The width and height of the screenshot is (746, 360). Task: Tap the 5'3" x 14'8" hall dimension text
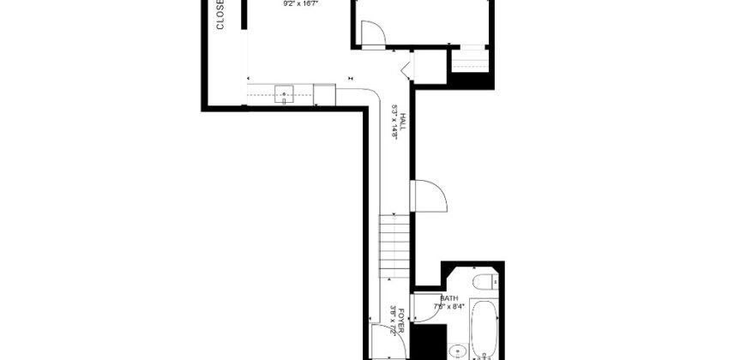[x=394, y=125]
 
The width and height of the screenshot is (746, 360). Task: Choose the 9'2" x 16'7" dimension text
[x=300, y=3]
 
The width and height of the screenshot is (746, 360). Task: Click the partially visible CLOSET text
[x=220, y=15]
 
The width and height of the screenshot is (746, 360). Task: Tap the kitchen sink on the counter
[x=284, y=95]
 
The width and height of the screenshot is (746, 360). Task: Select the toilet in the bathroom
[x=484, y=282]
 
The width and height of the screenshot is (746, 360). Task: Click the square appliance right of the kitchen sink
[x=324, y=94]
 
